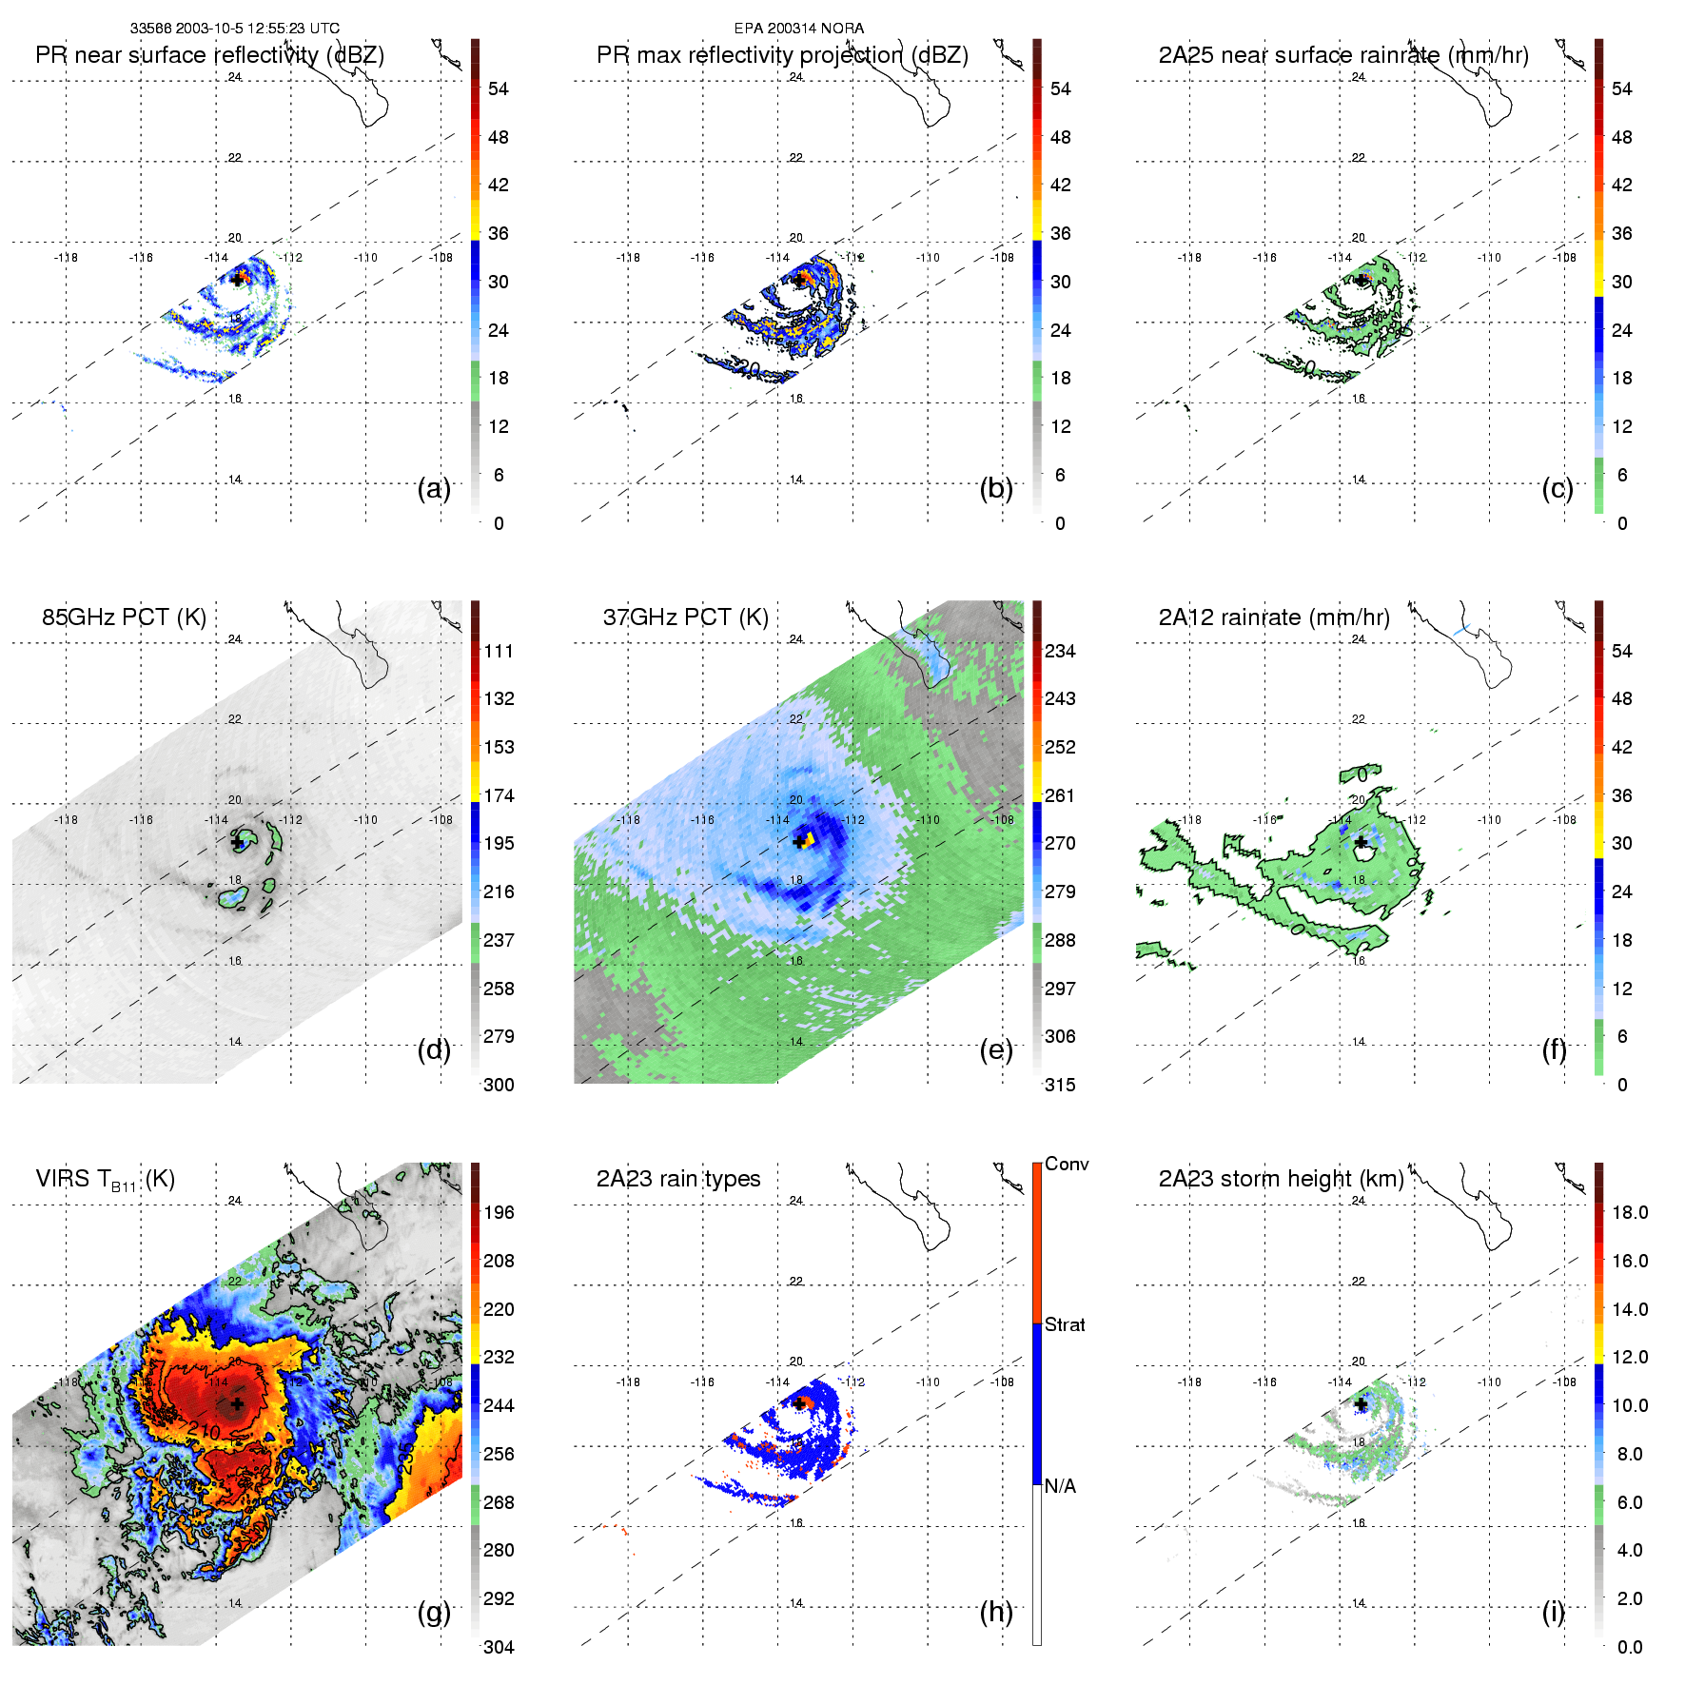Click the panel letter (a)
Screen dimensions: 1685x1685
click(434, 489)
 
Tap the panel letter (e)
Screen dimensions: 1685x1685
click(996, 1050)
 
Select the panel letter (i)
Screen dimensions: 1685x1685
click(1553, 1612)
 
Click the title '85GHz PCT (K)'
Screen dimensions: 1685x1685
click(124, 617)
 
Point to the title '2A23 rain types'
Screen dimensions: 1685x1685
click(678, 1179)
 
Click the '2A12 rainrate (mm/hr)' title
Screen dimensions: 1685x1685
click(1274, 617)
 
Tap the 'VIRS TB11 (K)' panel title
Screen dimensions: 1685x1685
click(105, 1180)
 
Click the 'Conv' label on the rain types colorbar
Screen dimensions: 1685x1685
click(1067, 1165)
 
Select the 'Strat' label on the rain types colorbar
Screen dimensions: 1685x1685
click(1065, 1325)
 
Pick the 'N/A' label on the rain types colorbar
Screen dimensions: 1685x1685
click(1060, 1486)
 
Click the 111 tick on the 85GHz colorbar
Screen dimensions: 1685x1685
click(499, 652)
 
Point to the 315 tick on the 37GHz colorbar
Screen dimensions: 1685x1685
click(1060, 1086)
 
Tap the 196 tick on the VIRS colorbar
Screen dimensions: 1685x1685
click(499, 1213)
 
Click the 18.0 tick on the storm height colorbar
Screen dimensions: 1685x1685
click(1630, 1213)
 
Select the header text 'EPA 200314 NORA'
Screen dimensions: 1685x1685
click(799, 29)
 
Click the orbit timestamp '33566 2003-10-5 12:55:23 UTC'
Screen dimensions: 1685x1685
click(235, 29)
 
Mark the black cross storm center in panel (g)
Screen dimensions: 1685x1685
click(237, 1403)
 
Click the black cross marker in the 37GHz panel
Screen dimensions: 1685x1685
click(798, 841)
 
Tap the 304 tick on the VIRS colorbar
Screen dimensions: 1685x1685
click(499, 1647)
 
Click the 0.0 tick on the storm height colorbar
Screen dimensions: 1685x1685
click(1630, 1647)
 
